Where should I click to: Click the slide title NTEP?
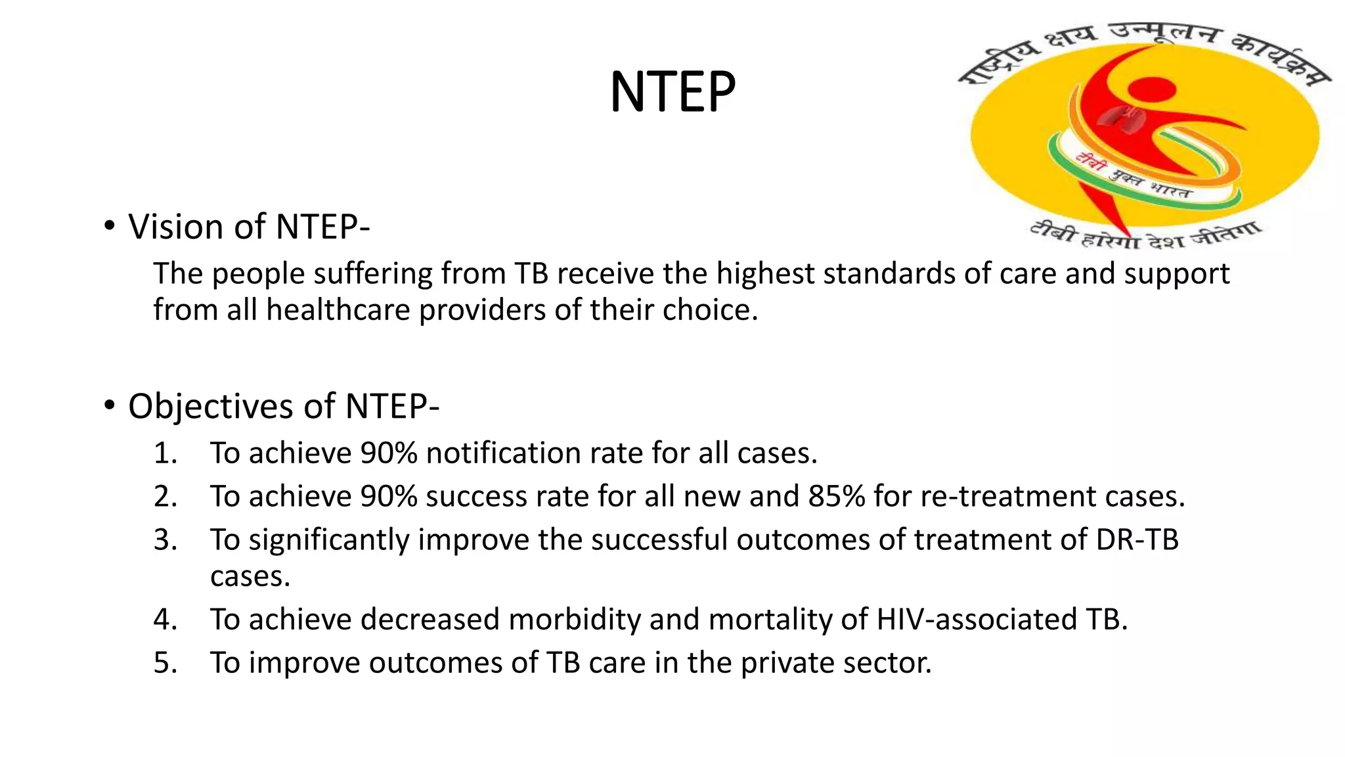[x=672, y=92]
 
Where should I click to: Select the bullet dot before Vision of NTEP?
[x=109, y=226]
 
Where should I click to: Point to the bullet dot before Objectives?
[x=109, y=405]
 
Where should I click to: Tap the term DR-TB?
[x=1137, y=540]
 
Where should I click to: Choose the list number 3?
[x=165, y=540]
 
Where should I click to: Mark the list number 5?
[x=165, y=663]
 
